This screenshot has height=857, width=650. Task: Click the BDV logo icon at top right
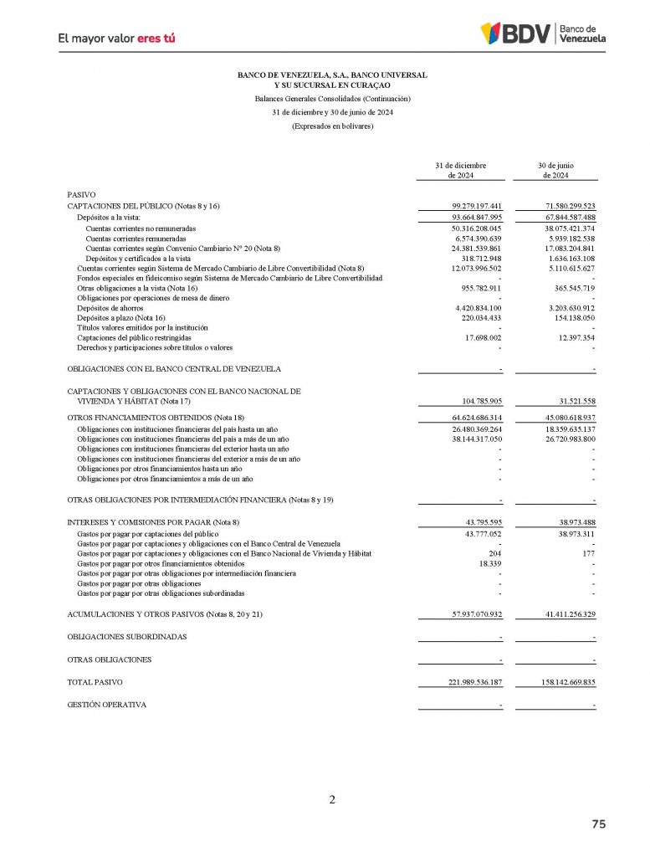point(491,33)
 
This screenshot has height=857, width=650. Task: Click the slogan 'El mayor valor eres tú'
point(116,38)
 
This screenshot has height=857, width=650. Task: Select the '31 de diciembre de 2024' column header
point(460,170)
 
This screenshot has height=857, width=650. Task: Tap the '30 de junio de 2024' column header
point(555,170)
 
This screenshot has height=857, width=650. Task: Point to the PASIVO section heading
point(81,194)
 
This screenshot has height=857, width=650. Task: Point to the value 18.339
point(489,564)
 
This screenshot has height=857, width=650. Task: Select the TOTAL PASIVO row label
point(94,683)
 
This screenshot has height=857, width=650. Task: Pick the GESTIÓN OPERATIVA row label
point(106,705)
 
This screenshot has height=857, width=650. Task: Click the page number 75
point(598,824)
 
